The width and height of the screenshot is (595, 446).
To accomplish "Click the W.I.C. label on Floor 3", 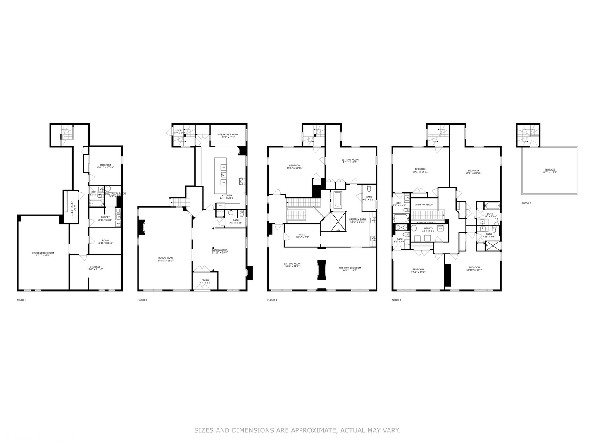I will click(301, 235).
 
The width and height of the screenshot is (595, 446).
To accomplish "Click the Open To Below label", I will click(424, 204).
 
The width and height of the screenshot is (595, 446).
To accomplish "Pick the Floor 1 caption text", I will click(21, 300).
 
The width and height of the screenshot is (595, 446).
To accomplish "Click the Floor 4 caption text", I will click(396, 300).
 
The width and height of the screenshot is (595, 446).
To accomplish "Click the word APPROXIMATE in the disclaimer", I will click(309, 430).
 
